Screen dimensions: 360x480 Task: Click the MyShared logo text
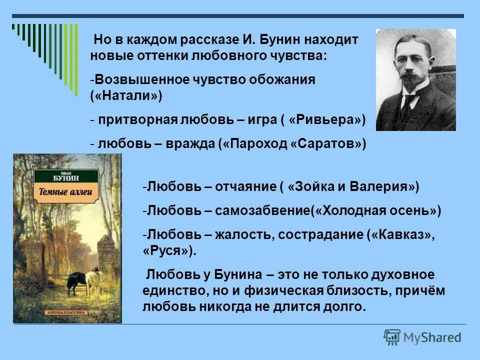[x=434, y=337]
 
